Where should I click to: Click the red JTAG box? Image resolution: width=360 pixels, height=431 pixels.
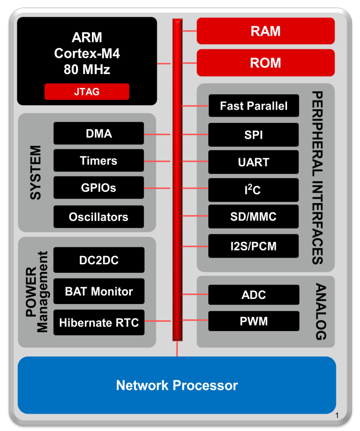(86, 92)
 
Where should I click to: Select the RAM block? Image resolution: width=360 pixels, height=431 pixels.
(266, 31)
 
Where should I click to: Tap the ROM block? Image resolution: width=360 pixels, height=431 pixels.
(266, 63)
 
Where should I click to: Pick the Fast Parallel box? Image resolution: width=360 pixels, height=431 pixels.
(254, 106)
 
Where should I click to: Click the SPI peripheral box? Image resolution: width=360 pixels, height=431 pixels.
(254, 135)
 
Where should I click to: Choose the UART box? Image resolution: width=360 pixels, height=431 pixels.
(254, 163)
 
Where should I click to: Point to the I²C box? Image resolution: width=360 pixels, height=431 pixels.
(254, 190)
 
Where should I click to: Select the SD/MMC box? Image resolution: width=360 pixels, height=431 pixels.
(254, 217)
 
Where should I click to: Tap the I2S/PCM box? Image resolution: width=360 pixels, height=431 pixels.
(254, 245)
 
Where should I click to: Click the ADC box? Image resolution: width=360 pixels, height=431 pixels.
(254, 295)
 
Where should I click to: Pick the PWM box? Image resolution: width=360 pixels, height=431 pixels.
(254, 321)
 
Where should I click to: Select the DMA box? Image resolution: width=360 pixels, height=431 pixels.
(99, 134)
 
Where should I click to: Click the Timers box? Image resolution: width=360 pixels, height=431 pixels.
(99, 161)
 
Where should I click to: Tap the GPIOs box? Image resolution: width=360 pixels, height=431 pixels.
(99, 188)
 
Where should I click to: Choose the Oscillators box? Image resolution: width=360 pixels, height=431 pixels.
(99, 217)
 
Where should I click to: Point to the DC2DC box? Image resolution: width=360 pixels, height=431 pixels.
(99, 260)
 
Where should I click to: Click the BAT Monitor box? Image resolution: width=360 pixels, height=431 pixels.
(99, 292)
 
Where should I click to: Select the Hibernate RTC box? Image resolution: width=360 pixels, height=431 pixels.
(99, 322)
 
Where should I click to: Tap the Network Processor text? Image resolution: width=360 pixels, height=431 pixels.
(177, 385)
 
